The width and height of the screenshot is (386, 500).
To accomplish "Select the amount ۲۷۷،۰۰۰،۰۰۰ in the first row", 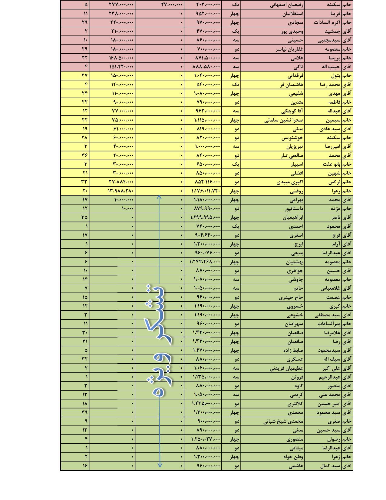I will (x=121, y=5).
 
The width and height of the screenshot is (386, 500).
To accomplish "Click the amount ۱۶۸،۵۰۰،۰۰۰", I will (x=121, y=58).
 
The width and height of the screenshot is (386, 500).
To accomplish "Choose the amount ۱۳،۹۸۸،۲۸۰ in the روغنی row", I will (x=120, y=191).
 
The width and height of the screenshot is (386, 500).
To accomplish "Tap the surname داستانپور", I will (x=294, y=208).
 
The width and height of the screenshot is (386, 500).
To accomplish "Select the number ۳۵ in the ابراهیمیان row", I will (x=84, y=217).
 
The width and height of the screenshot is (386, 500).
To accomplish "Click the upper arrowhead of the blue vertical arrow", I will (x=159, y=197).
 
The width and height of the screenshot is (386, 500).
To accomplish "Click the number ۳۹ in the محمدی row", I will (x=84, y=412).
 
